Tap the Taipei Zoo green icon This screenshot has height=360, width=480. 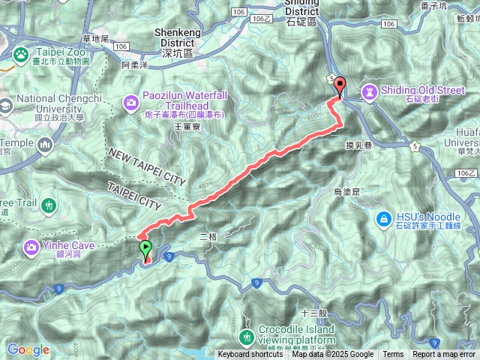20,54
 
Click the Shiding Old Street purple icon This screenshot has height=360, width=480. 369,91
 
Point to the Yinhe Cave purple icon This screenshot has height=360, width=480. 32,246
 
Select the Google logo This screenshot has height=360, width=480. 28,349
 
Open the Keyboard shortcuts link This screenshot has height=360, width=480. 250,355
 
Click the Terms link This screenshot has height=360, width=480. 393,355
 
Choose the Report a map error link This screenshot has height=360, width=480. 444,355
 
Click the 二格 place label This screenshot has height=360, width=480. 208,237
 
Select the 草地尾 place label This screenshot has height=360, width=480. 95,39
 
